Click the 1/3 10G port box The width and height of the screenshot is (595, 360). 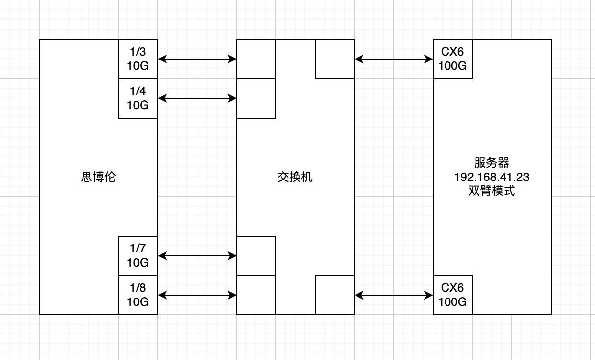click(138, 59)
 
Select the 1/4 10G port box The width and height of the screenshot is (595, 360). click(138, 98)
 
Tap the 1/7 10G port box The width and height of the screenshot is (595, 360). click(138, 256)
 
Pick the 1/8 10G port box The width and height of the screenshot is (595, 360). click(138, 295)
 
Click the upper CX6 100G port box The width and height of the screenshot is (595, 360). click(453, 59)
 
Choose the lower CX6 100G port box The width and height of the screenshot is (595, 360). click(453, 295)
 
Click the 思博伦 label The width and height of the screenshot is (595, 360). click(98, 177)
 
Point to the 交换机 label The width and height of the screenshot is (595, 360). click(295, 177)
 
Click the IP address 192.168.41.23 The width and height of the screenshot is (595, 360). click(492, 177)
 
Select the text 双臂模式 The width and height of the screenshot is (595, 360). click(492, 191)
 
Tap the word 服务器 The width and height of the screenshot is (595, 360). click(492, 163)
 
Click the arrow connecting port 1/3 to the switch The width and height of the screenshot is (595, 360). click(197, 59)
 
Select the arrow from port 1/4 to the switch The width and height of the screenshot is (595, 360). click(197, 98)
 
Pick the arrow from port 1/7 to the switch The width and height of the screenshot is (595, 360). click(197, 256)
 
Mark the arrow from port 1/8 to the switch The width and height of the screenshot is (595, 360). click(197, 295)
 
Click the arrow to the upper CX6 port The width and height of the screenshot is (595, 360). click(394, 59)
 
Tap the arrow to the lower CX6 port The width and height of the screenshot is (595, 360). click(394, 295)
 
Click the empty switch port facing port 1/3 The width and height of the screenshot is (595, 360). click(256, 59)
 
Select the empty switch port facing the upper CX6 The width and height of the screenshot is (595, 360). click(335, 59)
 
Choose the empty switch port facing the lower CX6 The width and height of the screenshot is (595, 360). click(335, 295)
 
